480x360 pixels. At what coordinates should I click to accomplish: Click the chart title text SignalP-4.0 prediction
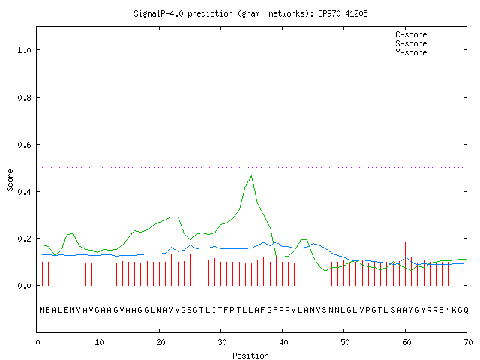tap(183, 13)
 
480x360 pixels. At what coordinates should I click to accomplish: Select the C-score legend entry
tap(427, 34)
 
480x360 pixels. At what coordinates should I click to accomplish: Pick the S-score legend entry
tap(427, 43)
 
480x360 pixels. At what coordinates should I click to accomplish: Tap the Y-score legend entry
tap(427, 52)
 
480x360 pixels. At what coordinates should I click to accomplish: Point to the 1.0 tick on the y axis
tap(24, 50)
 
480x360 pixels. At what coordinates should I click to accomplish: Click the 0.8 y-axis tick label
tap(24, 97)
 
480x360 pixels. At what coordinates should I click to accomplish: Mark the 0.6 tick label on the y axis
tap(24, 145)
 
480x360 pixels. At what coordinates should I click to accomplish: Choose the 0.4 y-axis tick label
tap(24, 192)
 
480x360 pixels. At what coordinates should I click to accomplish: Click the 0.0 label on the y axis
tap(24, 286)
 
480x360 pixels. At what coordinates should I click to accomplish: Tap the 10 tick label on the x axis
tap(99, 342)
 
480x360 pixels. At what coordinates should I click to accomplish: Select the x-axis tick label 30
tap(222, 342)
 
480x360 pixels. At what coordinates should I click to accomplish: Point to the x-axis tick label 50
tap(345, 342)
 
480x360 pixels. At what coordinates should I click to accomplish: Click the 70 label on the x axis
tap(468, 342)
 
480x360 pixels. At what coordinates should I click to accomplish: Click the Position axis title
tap(250, 355)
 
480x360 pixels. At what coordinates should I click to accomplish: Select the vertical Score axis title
tap(10, 180)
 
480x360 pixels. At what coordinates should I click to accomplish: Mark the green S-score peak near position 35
tap(252, 176)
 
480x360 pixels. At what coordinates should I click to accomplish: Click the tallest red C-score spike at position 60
tap(405, 263)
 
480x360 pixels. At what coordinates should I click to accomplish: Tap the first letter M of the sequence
tap(42, 310)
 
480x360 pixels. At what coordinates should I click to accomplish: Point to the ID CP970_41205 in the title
tap(343, 13)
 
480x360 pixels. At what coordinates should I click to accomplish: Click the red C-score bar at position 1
tap(42, 274)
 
